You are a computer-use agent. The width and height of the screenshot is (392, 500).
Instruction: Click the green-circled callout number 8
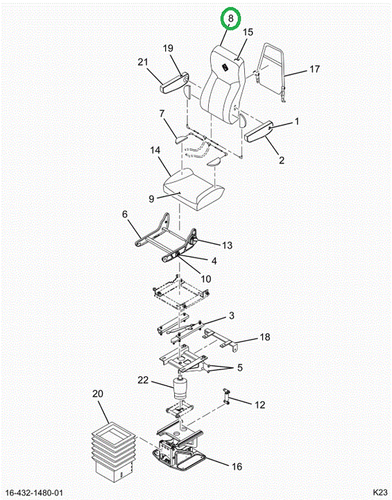click(231, 18)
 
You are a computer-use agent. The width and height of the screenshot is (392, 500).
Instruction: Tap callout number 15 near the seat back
click(248, 32)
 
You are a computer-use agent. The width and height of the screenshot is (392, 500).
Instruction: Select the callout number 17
click(314, 69)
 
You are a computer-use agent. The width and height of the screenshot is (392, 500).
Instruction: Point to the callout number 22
click(143, 380)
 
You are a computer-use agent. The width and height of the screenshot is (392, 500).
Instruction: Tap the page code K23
click(380, 492)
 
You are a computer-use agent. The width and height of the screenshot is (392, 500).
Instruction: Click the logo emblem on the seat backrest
click(224, 67)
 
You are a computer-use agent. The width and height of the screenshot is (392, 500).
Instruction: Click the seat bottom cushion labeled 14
click(194, 189)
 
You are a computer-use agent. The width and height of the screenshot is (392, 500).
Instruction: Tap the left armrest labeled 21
click(174, 84)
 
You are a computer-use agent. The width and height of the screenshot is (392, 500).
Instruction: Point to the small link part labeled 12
click(227, 397)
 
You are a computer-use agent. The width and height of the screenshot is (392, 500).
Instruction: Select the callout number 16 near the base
click(237, 467)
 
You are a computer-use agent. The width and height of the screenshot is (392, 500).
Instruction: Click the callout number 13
click(227, 245)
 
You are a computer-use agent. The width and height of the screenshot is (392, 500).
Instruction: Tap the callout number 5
click(239, 367)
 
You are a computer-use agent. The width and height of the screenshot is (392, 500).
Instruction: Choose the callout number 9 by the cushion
click(151, 199)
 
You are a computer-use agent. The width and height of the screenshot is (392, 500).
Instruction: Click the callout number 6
click(125, 214)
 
